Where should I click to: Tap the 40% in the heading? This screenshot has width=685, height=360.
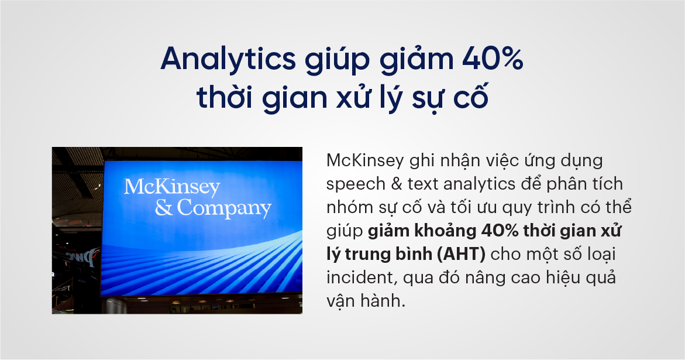click(x=493, y=59)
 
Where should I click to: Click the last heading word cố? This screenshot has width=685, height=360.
click(x=471, y=97)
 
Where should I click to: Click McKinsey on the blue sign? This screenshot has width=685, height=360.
click(x=171, y=187)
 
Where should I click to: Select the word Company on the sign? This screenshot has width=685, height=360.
click(x=224, y=208)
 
